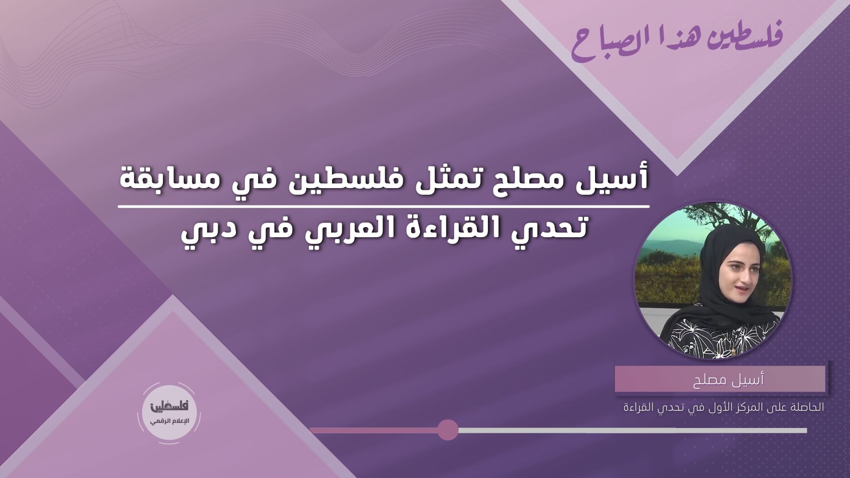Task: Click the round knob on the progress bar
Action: (x=448, y=430)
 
